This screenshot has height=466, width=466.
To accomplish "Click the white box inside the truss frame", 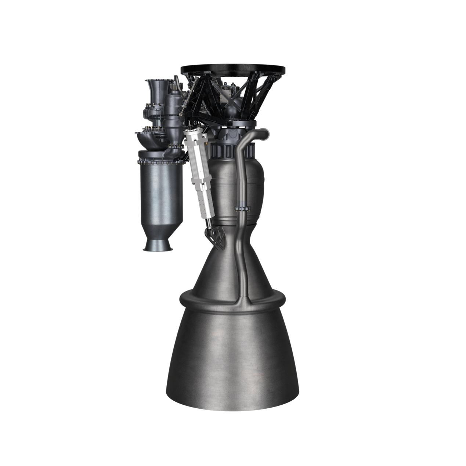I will pos(228,94).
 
